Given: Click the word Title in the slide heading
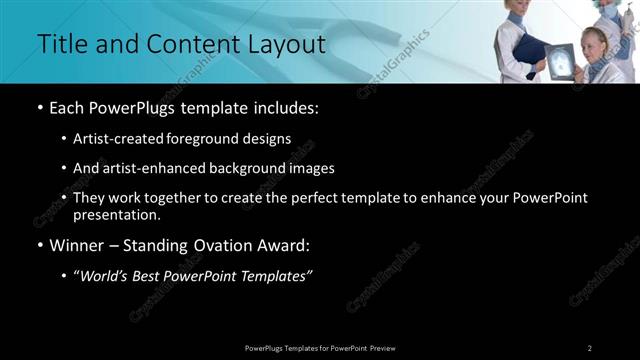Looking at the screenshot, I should click(x=60, y=44).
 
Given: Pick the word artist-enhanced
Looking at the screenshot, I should click(x=154, y=168).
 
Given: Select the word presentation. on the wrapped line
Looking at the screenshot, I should click(x=117, y=214).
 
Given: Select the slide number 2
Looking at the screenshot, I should click(x=590, y=347).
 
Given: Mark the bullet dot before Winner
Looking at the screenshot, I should click(x=39, y=245).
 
